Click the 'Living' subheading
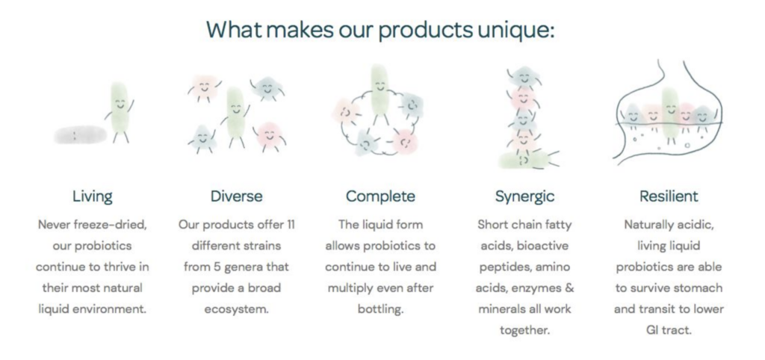[x=92, y=196]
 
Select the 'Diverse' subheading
[x=236, y=196]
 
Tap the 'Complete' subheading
[x=380, y=196]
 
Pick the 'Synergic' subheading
[x=524, y=196]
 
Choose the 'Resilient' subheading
[x=669, y=196]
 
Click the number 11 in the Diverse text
[x=290, y=225]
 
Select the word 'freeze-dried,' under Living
[x=116, y=225]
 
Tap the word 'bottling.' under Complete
[x=380, y=309]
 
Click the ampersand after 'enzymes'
[x=569, y=288]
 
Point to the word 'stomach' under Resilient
[x=701, y=288]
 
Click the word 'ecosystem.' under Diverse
[x=236, y=309]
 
